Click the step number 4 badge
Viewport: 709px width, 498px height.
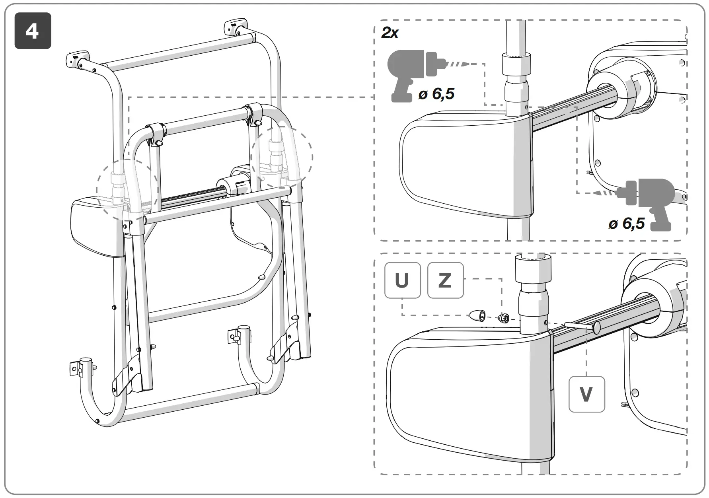tap(33, 31)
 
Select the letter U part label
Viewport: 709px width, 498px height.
tap(402, 280)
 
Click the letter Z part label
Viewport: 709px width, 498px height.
tap(445, 280)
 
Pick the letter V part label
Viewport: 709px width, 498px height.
tap(586, 394)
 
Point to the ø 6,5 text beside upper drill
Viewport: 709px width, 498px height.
tap(436, 94)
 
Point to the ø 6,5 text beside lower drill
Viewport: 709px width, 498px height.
tap(626, 224)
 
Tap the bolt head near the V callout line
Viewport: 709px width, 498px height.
tap(597, 328)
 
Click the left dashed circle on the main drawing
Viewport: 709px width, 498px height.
tap(127, 190)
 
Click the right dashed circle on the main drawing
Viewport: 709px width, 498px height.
tap(282, 157)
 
